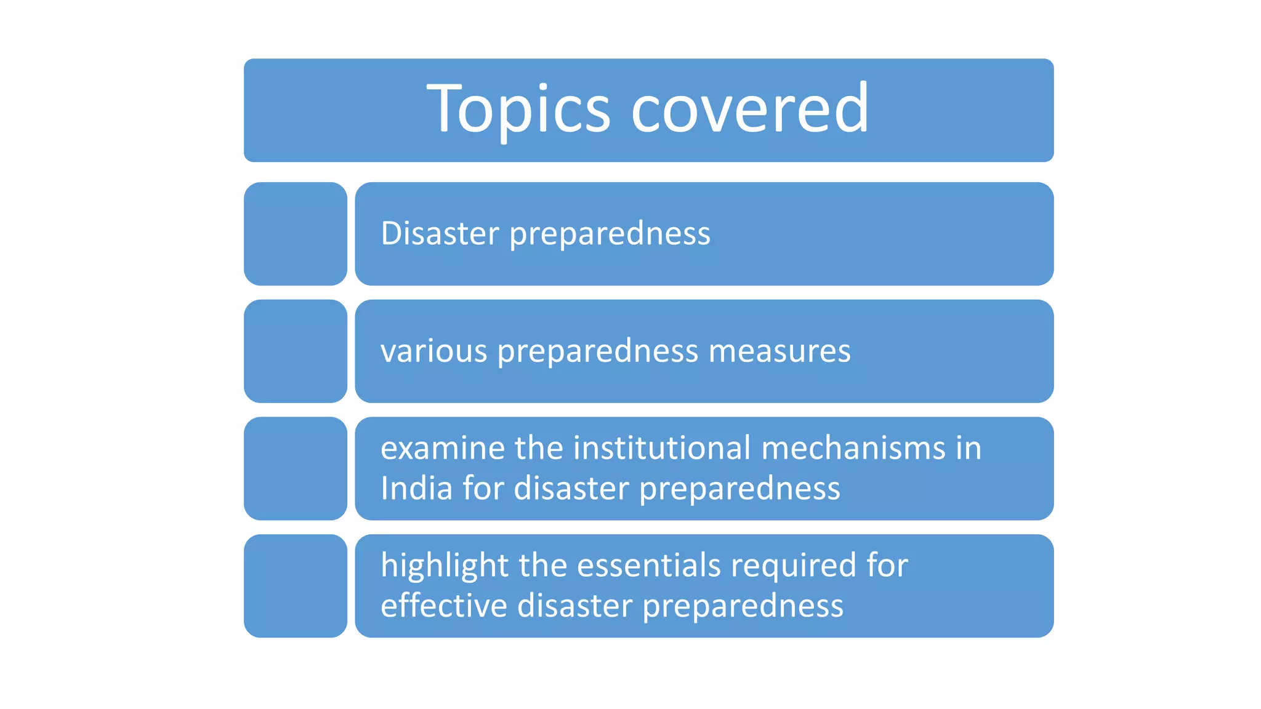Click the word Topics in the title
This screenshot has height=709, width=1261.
click(x=518, y=110)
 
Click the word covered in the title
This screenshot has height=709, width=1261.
click(x=750, y=110)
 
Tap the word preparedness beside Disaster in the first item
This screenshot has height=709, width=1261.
click(x=610, y=234)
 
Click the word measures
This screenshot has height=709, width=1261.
click(x=780, y=351)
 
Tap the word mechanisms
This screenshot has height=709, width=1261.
click(x=853, y=448)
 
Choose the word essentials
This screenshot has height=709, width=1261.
click(x=648, y=566)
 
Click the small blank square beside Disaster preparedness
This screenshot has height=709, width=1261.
click(x=296, y=234)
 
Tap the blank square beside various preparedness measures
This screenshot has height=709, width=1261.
click(x=296, y=351)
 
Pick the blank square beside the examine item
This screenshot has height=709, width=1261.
click(x=296, y=468)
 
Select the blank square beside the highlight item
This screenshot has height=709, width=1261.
click(x=296, y=586)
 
